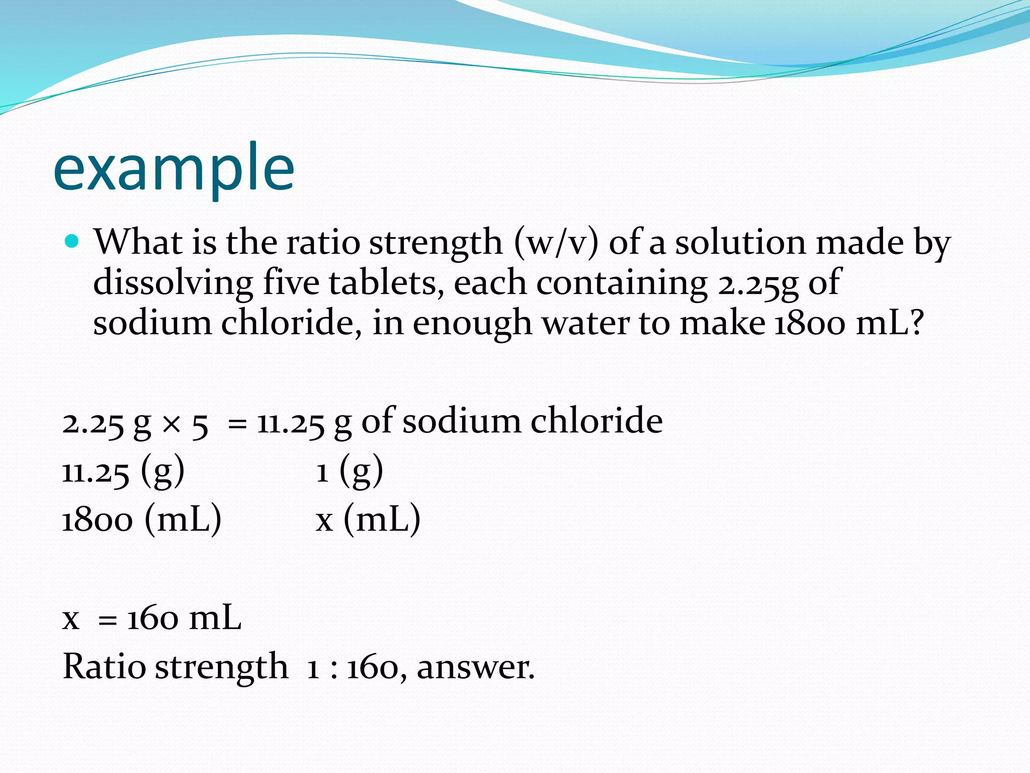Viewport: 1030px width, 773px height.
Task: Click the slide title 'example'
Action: (x=174, y=169)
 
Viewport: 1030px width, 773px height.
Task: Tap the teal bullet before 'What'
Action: (x=72, y=242)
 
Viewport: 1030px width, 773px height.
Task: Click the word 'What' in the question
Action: (x=139, y=242)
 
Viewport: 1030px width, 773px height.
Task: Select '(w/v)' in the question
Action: (x=556, y=243)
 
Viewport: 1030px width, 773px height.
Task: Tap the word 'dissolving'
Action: (x=173, y=283)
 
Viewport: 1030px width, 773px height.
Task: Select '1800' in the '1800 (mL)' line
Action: (x=98, y=520)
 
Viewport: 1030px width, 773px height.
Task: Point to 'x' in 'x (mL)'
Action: (x=324, y=521)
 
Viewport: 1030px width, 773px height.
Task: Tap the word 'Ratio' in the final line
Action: (x=104, y=667)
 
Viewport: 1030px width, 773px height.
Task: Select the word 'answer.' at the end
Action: (x=475, y=668)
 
